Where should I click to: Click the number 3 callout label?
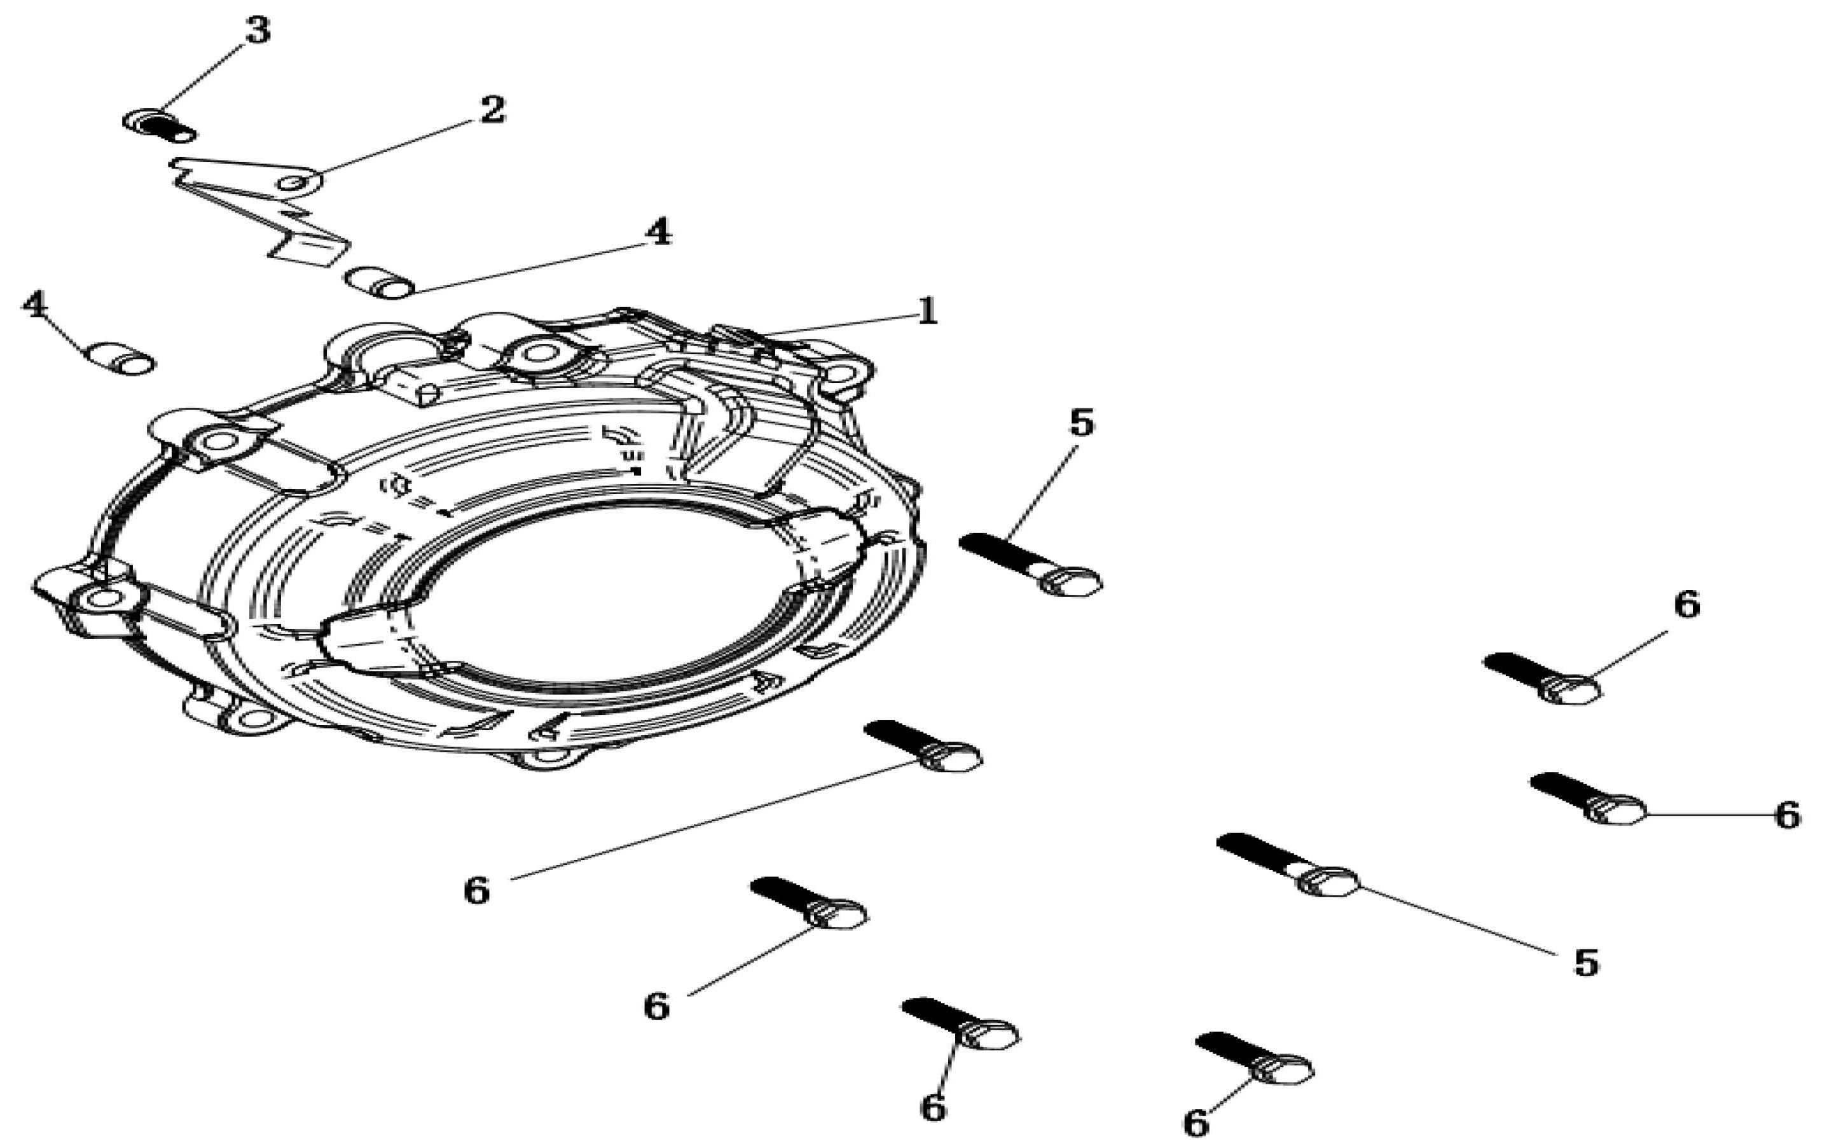[257, 31]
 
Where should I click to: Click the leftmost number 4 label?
[35, 305]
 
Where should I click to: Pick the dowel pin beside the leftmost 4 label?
[122, 358]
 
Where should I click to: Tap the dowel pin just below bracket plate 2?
[380, 283]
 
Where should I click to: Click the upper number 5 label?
[1081, 423]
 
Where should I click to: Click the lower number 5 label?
[1586, 963]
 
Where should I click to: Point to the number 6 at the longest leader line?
[477, 890]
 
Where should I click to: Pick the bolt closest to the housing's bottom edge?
[922, 746]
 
